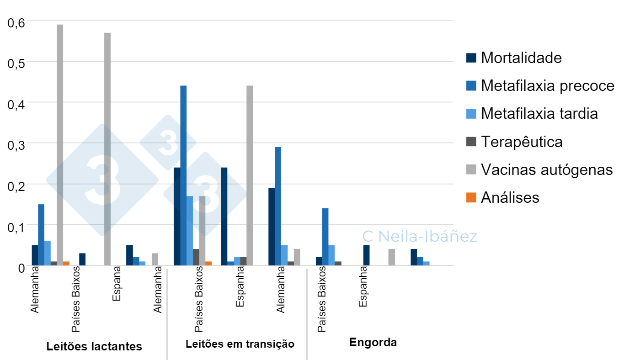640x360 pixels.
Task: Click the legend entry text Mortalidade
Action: pos(521,58)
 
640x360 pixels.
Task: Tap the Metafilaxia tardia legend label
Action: pos(539,114)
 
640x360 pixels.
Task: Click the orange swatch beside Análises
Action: pos(471,197)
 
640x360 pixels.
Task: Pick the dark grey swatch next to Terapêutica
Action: pos(471,142)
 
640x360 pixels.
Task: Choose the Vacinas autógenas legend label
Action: pos(547,169)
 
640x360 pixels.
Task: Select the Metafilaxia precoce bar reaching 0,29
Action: pos(278,206)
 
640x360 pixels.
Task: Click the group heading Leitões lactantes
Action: pos(94,346)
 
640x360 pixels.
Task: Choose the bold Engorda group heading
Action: pos(373,343)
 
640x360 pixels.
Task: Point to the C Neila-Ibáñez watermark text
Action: pos(419,237)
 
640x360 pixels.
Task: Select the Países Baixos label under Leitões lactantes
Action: pos(76,299)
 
